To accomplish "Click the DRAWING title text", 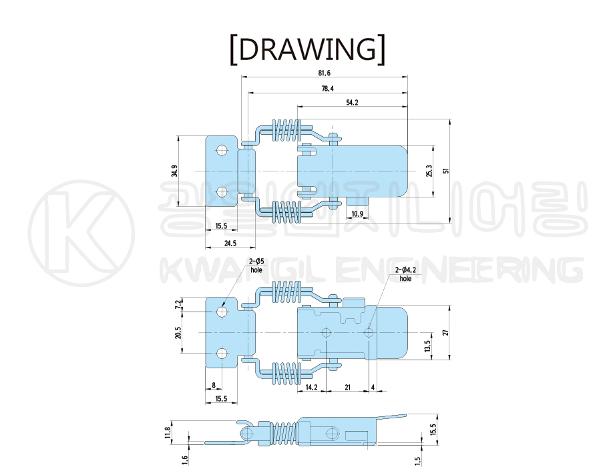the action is (x=307, y=49).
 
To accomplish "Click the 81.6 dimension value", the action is (x=325, y=73).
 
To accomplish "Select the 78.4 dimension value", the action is (x=327, y=89).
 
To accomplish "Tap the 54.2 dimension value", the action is (x=352, y=103).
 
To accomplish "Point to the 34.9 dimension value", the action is (x=174, y=171).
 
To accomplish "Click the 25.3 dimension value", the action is (x=429, y=171).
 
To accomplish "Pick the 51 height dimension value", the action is (x=445, y=171).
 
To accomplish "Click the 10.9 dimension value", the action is (x=357, y=214).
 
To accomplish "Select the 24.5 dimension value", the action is (x=230, y=244).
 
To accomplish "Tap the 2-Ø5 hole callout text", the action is (x=256, y=266).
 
